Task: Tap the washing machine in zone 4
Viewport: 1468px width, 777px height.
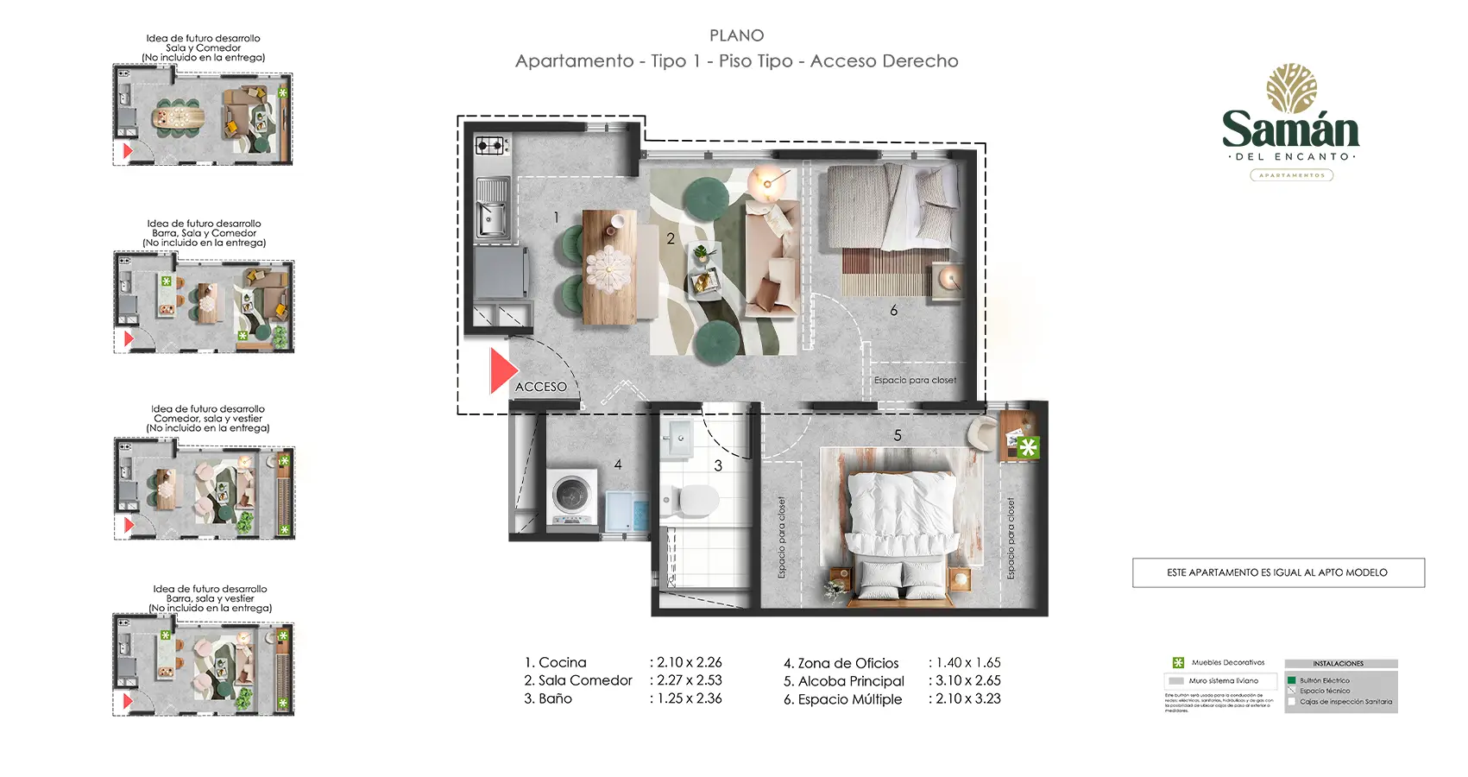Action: (x=572, y=498)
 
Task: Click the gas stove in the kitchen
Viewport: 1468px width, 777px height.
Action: (x=490, y=145)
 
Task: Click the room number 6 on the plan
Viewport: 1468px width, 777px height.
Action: (x=893, y=310)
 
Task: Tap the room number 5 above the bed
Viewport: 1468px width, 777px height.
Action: (x=898, y=435)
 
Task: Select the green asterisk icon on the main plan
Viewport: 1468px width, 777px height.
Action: (x=1027, y=447)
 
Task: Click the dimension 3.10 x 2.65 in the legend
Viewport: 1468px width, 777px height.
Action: (x=967, y=681)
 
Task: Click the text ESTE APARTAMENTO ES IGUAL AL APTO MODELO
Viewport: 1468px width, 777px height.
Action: (x=1277, y=572)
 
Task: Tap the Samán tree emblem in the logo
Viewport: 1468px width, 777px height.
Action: (x=1291, y=88)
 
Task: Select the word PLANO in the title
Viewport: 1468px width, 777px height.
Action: (x=736, y=35)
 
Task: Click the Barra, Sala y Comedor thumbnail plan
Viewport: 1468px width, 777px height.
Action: (x=205, y=306)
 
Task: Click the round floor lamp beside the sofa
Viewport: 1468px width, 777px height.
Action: (x=766, y=182)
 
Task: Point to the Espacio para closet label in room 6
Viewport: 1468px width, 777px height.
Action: (x=915, y=380)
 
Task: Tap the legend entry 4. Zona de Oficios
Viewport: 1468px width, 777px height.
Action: (x=841, y=663)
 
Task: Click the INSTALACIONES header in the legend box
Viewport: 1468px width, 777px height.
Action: (x=1339, y=664)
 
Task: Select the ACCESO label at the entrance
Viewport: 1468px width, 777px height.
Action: (x=541, y=387)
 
